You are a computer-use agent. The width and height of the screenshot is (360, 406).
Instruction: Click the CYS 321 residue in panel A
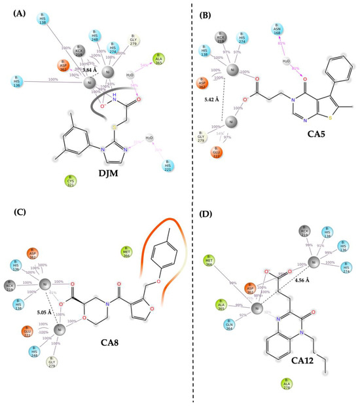coord(70,181)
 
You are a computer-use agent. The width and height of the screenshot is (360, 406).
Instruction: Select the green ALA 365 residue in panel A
coord(158,60)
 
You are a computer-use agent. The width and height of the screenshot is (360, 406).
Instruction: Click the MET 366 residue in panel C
coord(126,252)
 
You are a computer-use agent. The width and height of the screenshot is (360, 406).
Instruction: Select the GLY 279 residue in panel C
coord(52,361)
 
